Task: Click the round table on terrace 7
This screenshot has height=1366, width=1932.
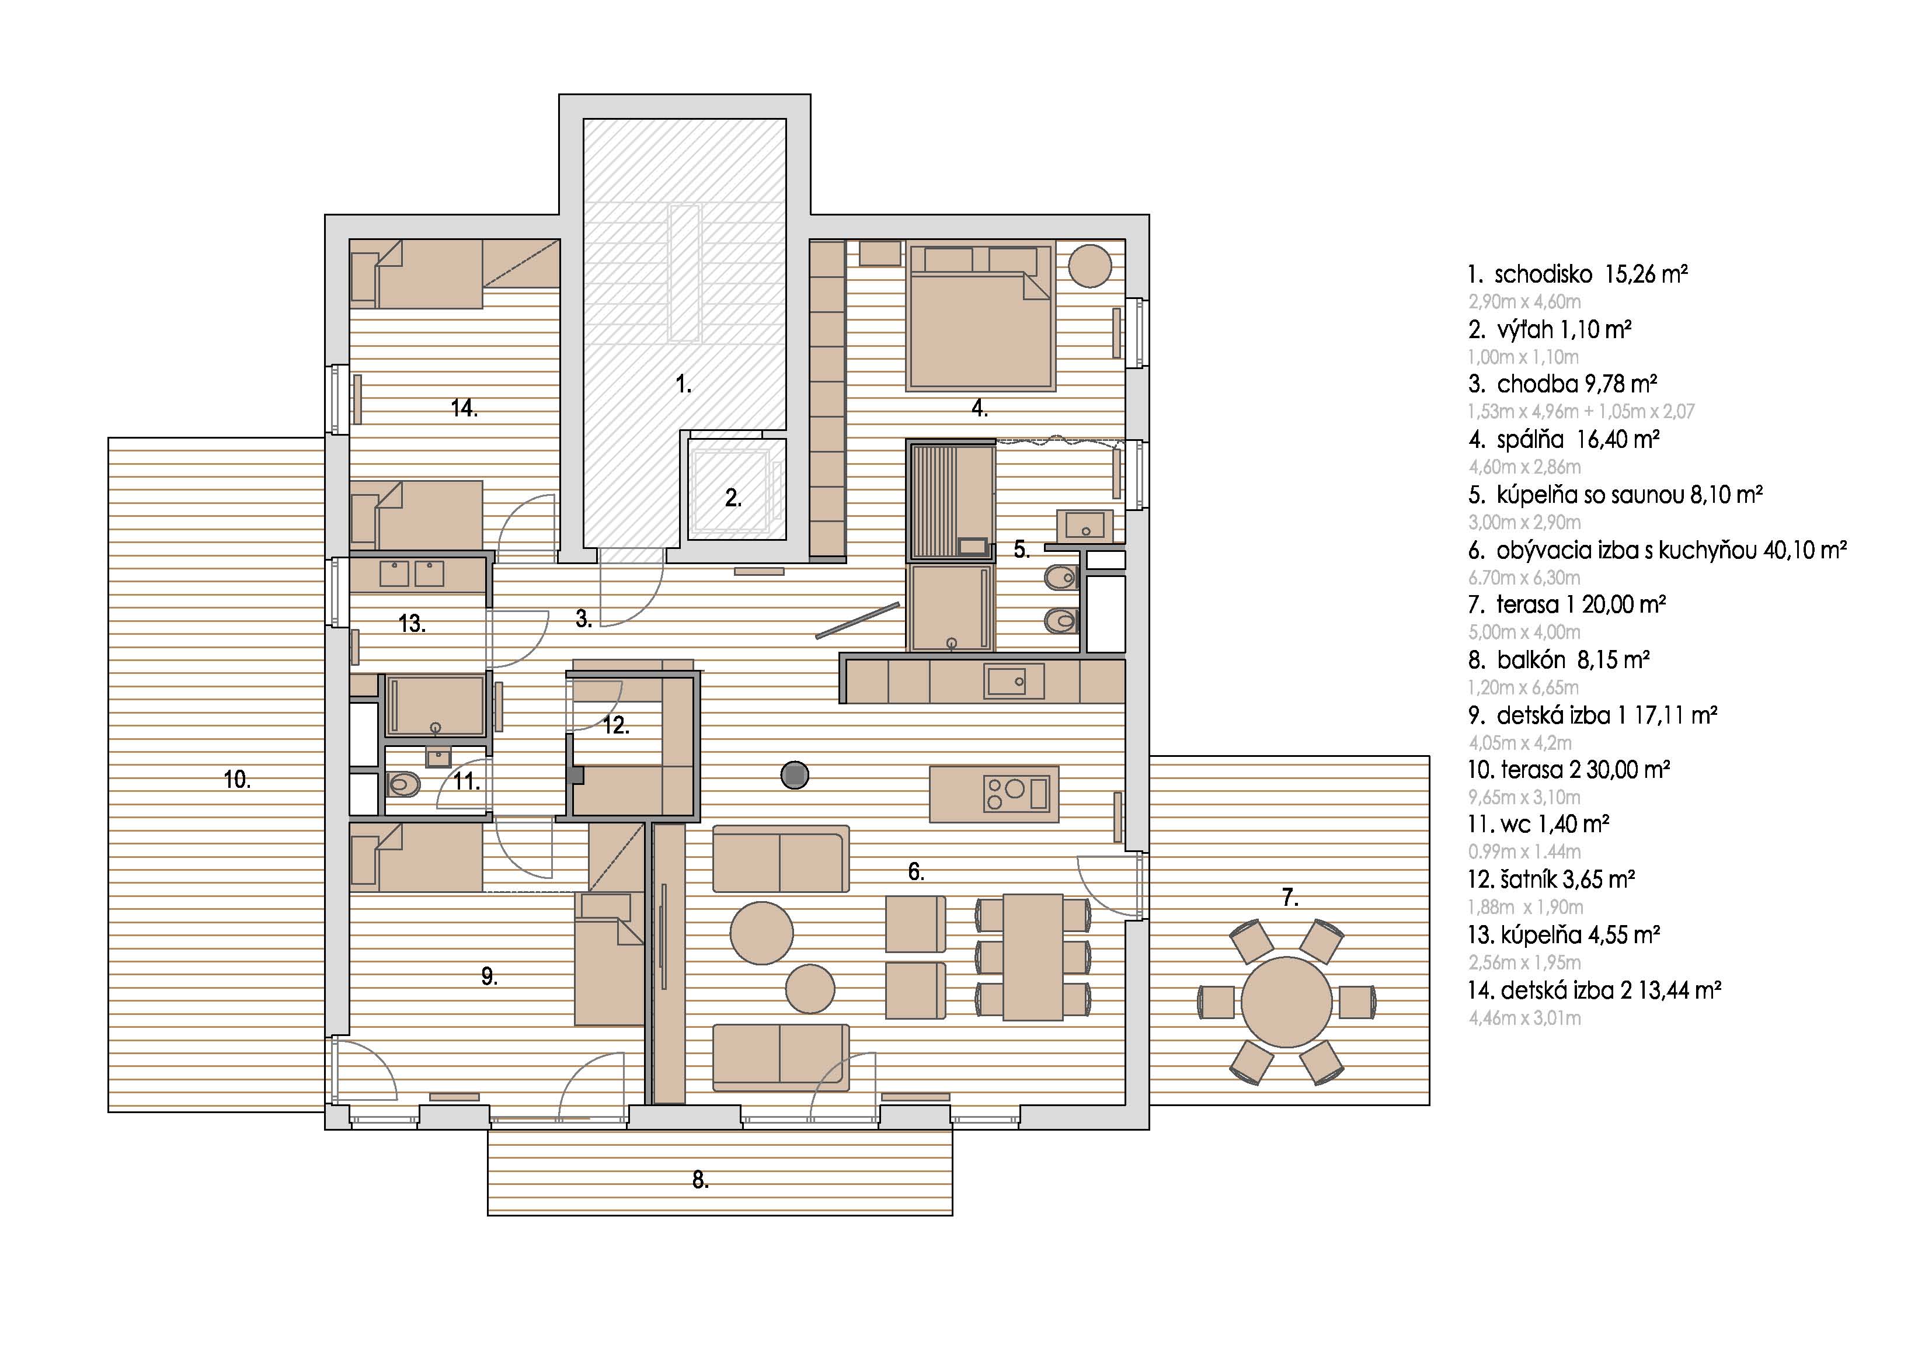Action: [x=1287, y=1002]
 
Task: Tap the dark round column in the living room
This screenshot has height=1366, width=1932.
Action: [x=794, y=774]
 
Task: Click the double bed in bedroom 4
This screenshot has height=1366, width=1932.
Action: [x=980, y=317]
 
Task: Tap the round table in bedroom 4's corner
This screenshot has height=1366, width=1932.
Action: [x=1089, y=265]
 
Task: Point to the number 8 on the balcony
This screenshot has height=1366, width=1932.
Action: [x=700, y=1181]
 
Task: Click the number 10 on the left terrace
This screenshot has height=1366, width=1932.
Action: [x=237, y=780]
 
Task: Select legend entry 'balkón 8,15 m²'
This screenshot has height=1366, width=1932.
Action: [x=1573, y=660]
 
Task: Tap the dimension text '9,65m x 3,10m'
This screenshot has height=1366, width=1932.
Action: [x=1524, y=797]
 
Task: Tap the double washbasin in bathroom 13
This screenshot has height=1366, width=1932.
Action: [x=412, y=574]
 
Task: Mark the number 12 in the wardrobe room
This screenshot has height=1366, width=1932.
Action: [x=616, y=725]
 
